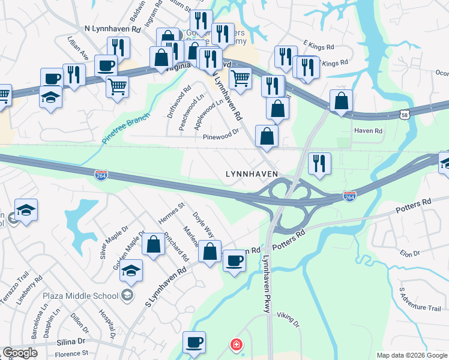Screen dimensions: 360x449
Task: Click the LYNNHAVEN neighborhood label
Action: (x=251, y=174)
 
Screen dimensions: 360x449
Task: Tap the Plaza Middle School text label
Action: (x=79, y=295)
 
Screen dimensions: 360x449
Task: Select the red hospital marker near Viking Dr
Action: (x=237, y=344)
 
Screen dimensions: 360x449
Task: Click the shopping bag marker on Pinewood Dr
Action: (x=267, y=136)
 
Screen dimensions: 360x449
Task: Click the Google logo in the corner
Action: (x=20, y=353)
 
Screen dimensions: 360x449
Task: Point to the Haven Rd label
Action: (x=368, y=131)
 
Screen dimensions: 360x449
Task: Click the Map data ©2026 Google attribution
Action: (x=411, y=355)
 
